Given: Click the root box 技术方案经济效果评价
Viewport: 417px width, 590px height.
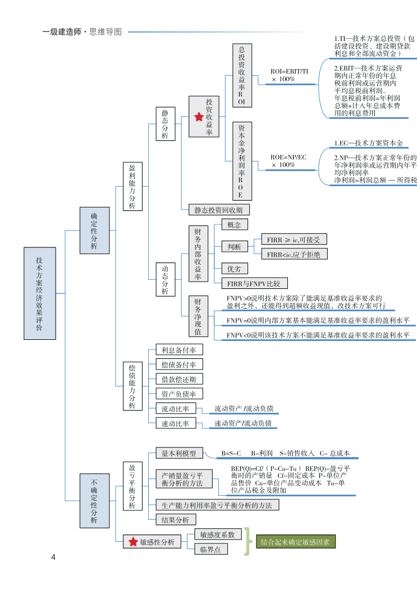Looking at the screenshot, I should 39,293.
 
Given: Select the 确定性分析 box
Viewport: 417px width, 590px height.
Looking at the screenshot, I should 94,230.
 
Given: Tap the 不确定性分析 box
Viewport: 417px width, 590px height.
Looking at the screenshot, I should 94,501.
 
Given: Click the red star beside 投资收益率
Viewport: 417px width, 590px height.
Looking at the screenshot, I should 198,117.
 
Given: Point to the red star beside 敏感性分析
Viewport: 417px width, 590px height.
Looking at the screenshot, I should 133,542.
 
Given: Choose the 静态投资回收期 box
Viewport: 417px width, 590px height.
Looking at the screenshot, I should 218,210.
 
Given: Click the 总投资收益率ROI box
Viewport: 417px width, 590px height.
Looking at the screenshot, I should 242,76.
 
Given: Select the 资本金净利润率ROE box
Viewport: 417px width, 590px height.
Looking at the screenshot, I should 242,161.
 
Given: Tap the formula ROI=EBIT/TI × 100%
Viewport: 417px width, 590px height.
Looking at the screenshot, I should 289,76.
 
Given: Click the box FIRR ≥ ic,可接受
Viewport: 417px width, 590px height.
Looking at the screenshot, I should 294,239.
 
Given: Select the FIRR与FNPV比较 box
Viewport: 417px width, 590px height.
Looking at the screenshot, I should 254,283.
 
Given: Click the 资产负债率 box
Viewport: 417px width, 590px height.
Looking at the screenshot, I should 178,394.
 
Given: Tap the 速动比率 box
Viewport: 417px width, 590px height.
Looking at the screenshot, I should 175,423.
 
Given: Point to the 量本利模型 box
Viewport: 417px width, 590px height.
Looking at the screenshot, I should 178,453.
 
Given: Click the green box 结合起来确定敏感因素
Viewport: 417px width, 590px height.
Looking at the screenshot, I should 295,542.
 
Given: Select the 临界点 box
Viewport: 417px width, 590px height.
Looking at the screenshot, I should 210,549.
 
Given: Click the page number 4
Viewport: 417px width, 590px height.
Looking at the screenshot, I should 53,557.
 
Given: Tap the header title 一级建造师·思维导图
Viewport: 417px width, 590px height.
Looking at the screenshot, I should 82,32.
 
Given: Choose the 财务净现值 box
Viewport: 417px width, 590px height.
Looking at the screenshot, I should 198,316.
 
